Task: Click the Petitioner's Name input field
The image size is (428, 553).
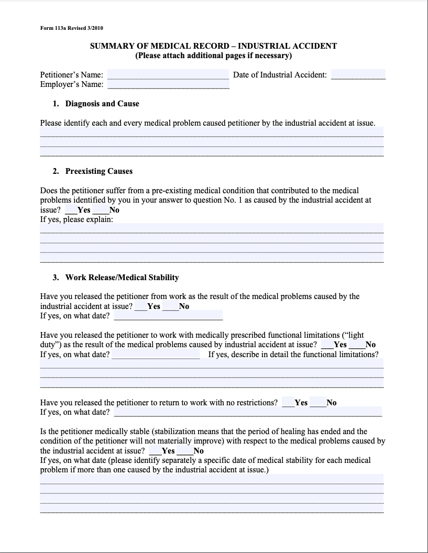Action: coord(168,74)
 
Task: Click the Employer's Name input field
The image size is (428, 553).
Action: coord(168,84)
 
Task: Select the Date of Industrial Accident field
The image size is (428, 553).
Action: coord(358,74)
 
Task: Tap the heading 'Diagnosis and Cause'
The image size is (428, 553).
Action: coord(102,104)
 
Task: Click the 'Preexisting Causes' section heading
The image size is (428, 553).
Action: coord(98,171)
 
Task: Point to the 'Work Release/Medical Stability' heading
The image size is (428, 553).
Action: coord(122,277)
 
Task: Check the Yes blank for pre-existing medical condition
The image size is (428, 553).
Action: coord(71,210)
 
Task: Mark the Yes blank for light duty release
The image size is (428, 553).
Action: coord(327,345)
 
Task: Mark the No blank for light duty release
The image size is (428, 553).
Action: coord(357,345)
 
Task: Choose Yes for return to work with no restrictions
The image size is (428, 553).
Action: coord(288,403)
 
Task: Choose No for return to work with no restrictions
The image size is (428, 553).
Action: coord(317,403)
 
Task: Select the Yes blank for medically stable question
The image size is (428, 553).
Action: coord(155,451)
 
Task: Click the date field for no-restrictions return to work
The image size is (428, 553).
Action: coord(247,412)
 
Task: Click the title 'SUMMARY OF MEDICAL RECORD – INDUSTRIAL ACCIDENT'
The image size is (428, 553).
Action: coord(214,46)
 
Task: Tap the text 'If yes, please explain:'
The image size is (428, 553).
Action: coord(76,219)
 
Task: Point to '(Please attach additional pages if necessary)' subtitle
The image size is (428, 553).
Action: coord(214,56)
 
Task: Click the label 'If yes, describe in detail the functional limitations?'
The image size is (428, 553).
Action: coord(293,355)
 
